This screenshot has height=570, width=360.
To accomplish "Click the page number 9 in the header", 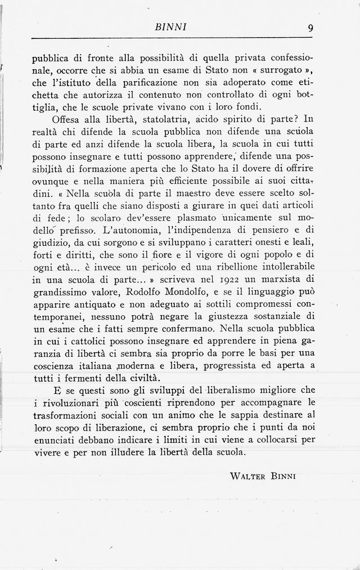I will pos(310,26).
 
